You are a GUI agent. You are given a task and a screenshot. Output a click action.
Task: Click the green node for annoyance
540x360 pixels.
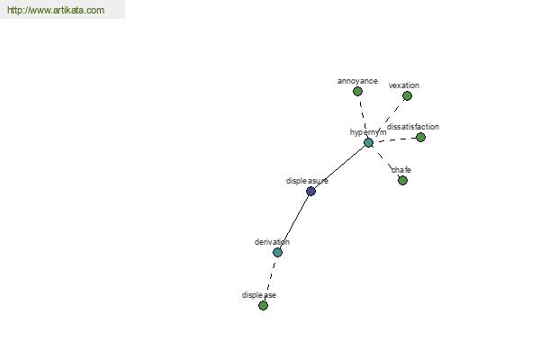[357, 91]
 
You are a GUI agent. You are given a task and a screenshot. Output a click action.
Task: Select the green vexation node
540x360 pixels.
[407, 95]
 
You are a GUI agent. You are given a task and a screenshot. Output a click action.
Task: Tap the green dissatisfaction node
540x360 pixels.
[420, 138]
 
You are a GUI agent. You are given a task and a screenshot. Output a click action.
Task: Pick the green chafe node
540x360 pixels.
[402, 180]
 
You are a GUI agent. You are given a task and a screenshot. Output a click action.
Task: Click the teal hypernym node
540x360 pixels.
[368, 142]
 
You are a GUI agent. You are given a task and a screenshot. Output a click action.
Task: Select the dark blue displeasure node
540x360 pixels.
[310, 191]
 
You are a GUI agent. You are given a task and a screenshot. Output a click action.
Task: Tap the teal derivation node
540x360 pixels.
[277, 253]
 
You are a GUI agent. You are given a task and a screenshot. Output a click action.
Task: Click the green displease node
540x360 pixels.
[263, 306]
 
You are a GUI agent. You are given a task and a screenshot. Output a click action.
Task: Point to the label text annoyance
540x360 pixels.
[357, 81]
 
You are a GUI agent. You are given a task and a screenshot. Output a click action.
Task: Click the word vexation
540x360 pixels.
[404, 85]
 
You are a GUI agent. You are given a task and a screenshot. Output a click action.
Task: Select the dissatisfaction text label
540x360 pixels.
[413, 127]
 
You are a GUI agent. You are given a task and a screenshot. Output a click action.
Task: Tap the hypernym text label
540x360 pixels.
[368, 132]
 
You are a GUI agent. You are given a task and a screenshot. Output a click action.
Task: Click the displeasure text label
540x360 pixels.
[307, 181]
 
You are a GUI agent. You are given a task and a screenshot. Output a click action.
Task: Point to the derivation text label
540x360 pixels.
[272, 242]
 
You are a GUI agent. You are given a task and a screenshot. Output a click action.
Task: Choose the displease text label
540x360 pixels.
[259, 295]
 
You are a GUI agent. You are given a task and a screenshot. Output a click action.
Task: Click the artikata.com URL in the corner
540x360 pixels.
[56, 10]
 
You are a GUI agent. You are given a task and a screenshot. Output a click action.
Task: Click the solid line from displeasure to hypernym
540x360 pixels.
[339, 167]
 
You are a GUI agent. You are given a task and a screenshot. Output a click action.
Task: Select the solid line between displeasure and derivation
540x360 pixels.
[294, 222]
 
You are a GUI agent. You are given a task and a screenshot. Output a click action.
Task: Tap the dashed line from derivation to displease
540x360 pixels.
[270, 279]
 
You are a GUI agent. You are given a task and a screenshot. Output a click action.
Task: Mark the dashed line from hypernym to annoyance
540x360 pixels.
[363, 117]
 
